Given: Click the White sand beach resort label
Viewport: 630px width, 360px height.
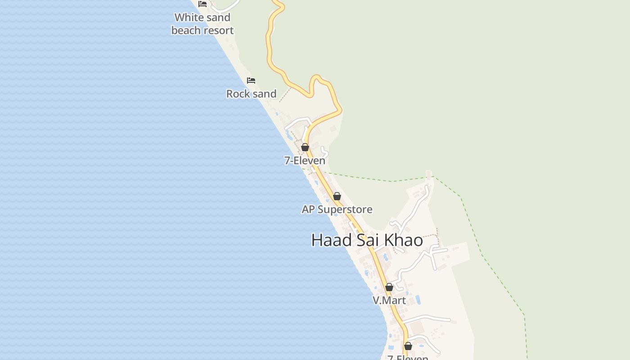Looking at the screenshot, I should click(202, 24).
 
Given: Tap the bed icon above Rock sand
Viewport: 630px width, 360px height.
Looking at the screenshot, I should click(251, 81).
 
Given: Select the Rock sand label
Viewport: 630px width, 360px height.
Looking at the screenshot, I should click(251, 94).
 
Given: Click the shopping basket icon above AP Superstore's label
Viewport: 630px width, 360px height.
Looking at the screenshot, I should click(337, 196).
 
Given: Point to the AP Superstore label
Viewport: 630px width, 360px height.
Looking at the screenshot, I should click(337, 209).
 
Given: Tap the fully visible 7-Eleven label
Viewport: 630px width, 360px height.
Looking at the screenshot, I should click(305, 160).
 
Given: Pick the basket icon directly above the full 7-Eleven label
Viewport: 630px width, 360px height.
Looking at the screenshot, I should click(305, 147).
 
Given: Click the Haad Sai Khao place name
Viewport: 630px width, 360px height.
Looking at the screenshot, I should click(367, 240).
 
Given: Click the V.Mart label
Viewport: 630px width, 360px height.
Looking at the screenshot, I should click(389, 300).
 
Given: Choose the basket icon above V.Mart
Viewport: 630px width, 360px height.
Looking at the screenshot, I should click(389, 287).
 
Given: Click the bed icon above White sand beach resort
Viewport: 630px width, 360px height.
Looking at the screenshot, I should click(202, 4).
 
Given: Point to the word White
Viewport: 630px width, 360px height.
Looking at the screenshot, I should click(189, 18).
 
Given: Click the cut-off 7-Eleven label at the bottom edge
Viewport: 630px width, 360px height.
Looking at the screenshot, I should click(408, 357).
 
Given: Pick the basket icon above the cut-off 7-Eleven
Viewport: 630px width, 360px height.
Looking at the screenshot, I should click(408, 346).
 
